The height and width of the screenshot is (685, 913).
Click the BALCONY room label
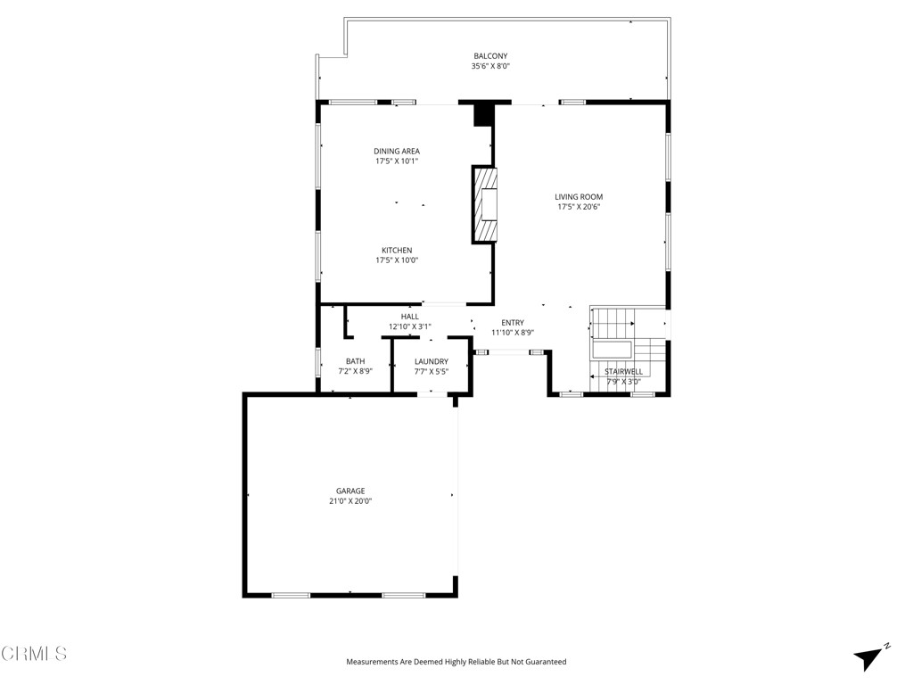[490, 56]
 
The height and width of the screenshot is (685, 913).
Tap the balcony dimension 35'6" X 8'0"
[490, 66]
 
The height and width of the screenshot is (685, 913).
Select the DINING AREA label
[397, 152]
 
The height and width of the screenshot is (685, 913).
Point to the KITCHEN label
[397, 251]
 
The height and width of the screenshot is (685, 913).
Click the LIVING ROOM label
[579, 197]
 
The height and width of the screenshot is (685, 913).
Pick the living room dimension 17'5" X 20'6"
[579, 207]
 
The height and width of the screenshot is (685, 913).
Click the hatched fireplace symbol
[486, 204]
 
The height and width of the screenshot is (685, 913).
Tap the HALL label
[409, 317]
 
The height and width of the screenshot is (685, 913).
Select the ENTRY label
[513, 323]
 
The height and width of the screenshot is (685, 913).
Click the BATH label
[355, 361]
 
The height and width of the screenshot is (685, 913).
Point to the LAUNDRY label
[432, 361]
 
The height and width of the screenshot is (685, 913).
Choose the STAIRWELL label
[623, 371]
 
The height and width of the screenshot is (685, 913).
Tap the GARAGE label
[350, 491]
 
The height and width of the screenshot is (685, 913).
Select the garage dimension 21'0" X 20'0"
[350, 501]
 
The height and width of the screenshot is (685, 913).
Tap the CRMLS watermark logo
[34, 654]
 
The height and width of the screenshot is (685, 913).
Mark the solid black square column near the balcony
[483, 115]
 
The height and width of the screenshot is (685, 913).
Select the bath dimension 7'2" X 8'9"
[355, 372]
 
